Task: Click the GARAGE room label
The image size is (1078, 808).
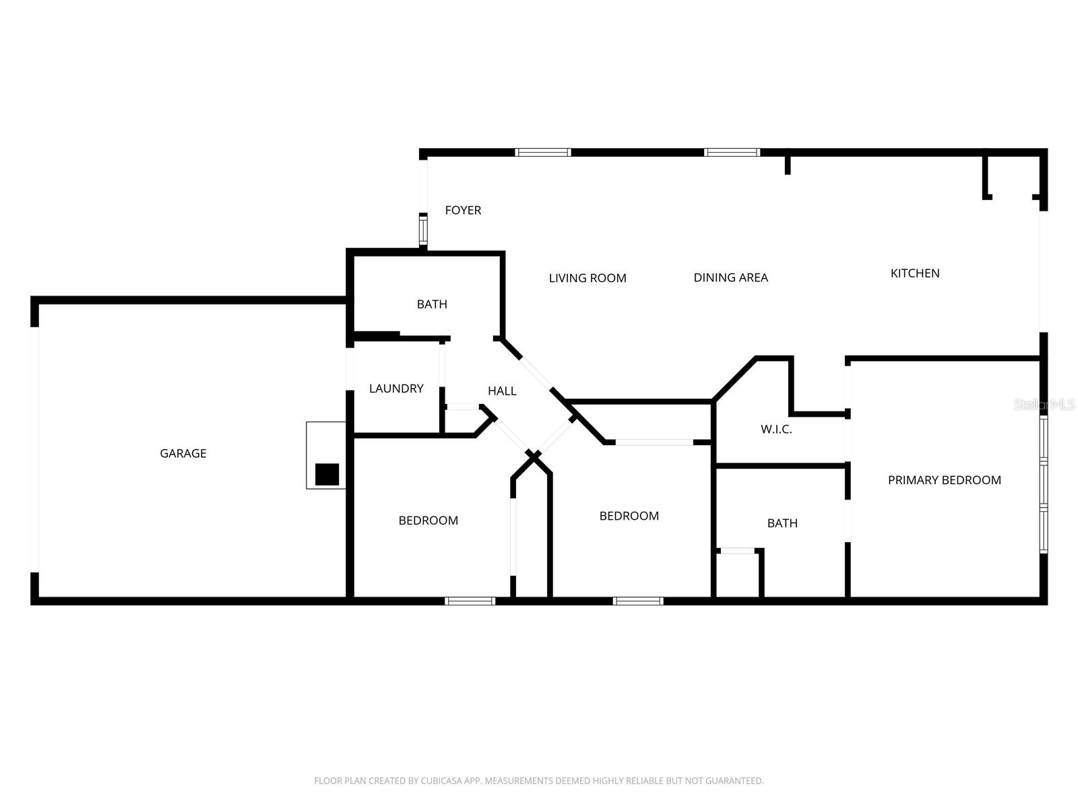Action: click(x=183, y=453)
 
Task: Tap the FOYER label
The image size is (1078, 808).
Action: click(x=463, y=210)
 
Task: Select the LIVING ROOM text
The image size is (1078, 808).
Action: click(x=588, y=278)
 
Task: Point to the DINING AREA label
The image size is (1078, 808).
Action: click(x=730, y=277)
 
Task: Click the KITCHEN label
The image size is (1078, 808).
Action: click(x=914, y=273)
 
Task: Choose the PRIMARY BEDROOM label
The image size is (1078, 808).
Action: click(x=944, y=480)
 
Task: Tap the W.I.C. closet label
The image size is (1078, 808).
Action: click(x=776, y=429)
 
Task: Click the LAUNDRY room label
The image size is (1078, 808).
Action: click(x=396, y=389)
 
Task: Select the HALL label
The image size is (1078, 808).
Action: click(x=502, y=391)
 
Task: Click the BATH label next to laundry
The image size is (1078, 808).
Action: click(x=432, y=304)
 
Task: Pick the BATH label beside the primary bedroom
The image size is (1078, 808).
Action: click(x=782, y=523)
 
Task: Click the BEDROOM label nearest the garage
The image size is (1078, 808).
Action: click(x=428, y=520)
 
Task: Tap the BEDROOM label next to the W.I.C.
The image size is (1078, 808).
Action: click(x=629, y=516)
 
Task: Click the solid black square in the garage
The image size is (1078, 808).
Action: click(x=327, y=475)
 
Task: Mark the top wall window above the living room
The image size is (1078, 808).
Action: click(x=543, y=153)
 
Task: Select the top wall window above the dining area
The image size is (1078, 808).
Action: click(x=732, y=153)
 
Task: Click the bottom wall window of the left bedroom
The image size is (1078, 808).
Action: click(x=470, y=601)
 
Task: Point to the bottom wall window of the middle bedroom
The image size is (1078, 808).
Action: click(x=638, y=601)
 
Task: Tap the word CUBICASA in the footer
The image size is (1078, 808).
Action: click(x=442, y=781)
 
